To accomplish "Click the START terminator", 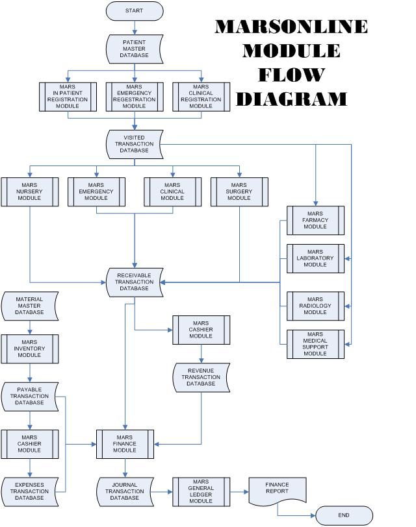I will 135,10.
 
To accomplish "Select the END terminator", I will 344,515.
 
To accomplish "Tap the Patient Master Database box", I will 135,48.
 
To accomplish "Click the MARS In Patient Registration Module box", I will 68,96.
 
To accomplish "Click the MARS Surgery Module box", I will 239,191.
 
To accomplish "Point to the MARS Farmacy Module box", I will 315,220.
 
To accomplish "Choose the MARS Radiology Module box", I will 315,306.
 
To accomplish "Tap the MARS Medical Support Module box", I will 315,344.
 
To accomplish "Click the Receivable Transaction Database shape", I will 135,282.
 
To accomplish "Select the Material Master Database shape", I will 29,306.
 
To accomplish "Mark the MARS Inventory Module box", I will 29,349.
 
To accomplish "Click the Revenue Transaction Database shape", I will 201,377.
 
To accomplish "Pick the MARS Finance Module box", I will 125,443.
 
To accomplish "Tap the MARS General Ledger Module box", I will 201,491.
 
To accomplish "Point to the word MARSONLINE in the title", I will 291,27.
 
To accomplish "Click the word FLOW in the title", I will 291,75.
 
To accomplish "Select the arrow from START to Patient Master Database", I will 135,27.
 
